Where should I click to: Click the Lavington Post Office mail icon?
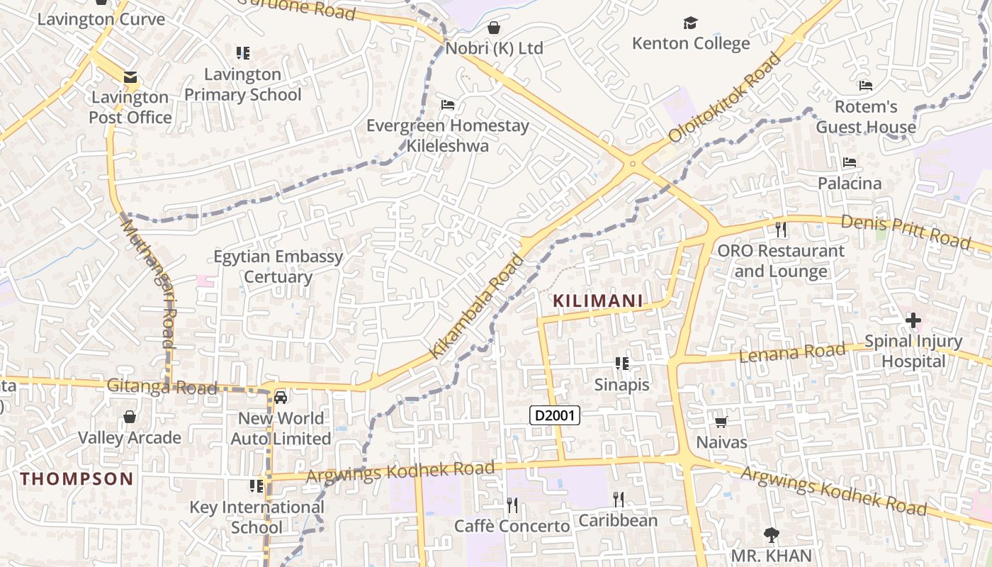point(130,77)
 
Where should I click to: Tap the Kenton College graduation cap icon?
point(690,24)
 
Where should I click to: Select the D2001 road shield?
point(555,416)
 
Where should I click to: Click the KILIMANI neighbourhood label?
point(597,301)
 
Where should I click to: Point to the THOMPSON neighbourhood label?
point(77,478)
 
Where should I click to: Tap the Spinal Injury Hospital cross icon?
point(913,321)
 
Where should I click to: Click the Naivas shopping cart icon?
point(721,422)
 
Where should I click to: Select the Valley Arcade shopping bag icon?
point(129,417)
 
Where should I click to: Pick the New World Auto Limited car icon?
point(281,397)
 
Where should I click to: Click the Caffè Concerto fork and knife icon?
point(512,505)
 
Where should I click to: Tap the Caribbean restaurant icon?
point(618,500)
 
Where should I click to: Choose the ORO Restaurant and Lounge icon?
point(781,230)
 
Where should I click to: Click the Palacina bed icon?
point(849,163)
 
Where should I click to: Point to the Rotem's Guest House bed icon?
point(865,86)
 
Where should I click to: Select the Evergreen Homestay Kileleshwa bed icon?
point(447,105)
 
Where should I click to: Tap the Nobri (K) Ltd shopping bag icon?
point(494,28)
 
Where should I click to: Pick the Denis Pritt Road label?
point(905,232)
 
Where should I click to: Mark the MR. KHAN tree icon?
point(771,535)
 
